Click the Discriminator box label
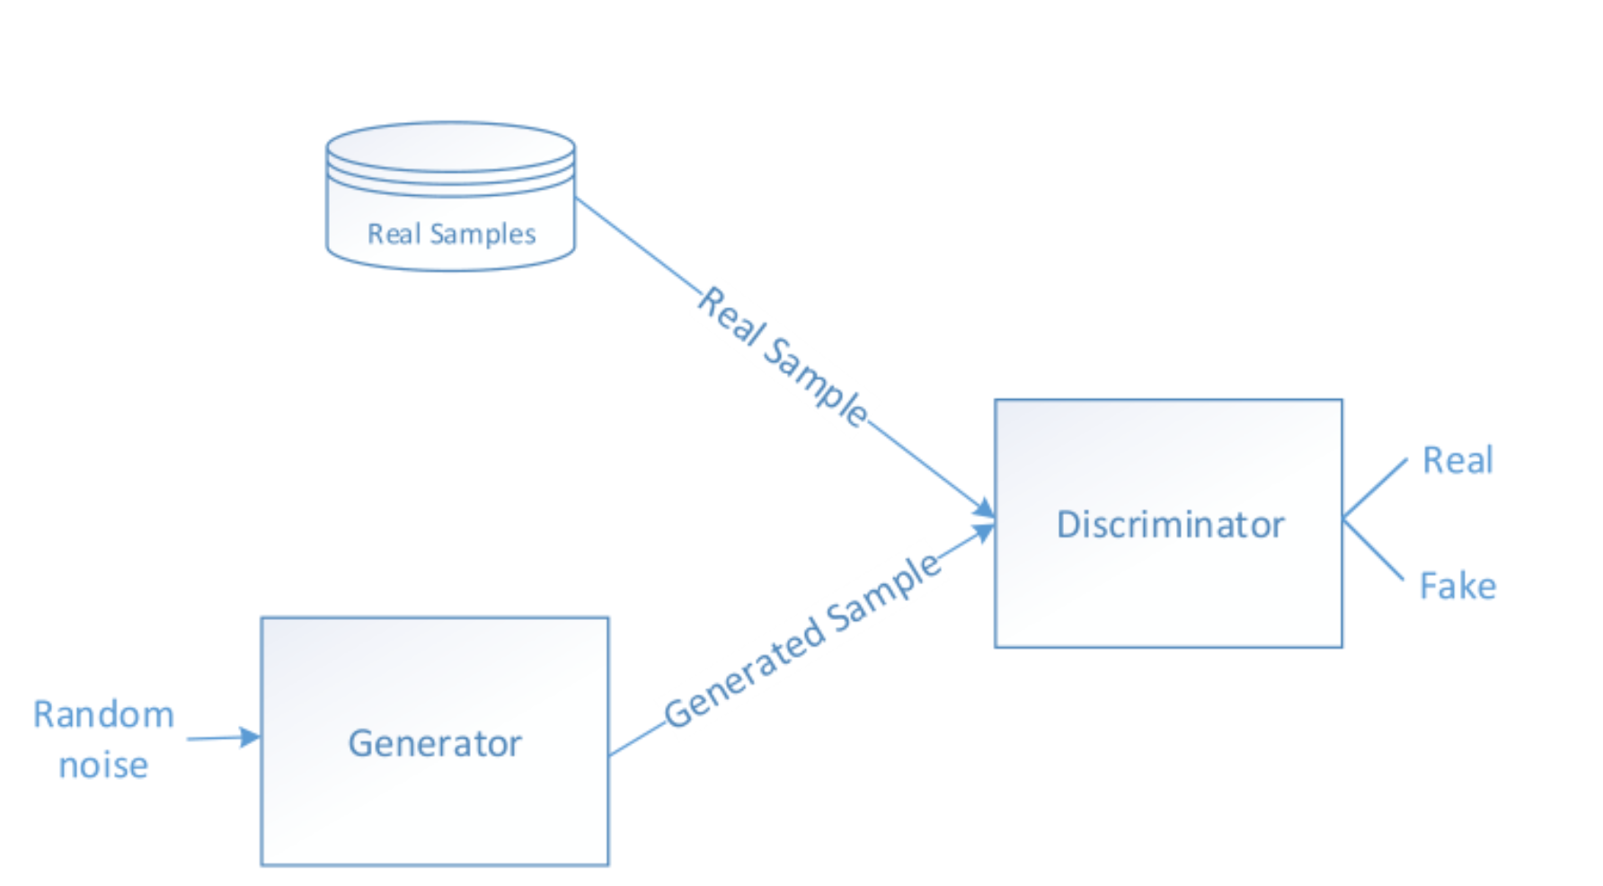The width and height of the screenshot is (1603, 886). [1170, 525]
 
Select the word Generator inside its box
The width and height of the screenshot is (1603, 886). [435, 744]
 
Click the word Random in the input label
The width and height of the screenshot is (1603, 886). [103, 715]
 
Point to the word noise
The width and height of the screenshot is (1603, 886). [103, 766]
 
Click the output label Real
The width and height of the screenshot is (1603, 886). [1457, 460]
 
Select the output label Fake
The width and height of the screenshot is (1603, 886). [1457, 586]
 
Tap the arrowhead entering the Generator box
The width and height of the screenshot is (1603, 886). [251, 738]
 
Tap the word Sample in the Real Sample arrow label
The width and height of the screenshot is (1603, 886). [816, 382]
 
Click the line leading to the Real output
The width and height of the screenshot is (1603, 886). [1375, 490]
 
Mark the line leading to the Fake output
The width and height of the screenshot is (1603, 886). [1373, 549]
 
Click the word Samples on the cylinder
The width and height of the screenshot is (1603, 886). [483, 235]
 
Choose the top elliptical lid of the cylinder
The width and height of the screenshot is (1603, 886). [450, 146]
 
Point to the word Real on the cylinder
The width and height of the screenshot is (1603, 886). [394, 235]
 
